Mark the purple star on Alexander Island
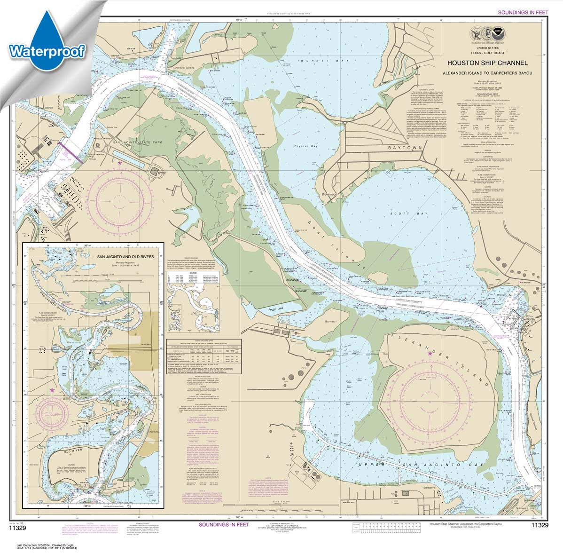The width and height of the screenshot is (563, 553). point(429,353)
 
